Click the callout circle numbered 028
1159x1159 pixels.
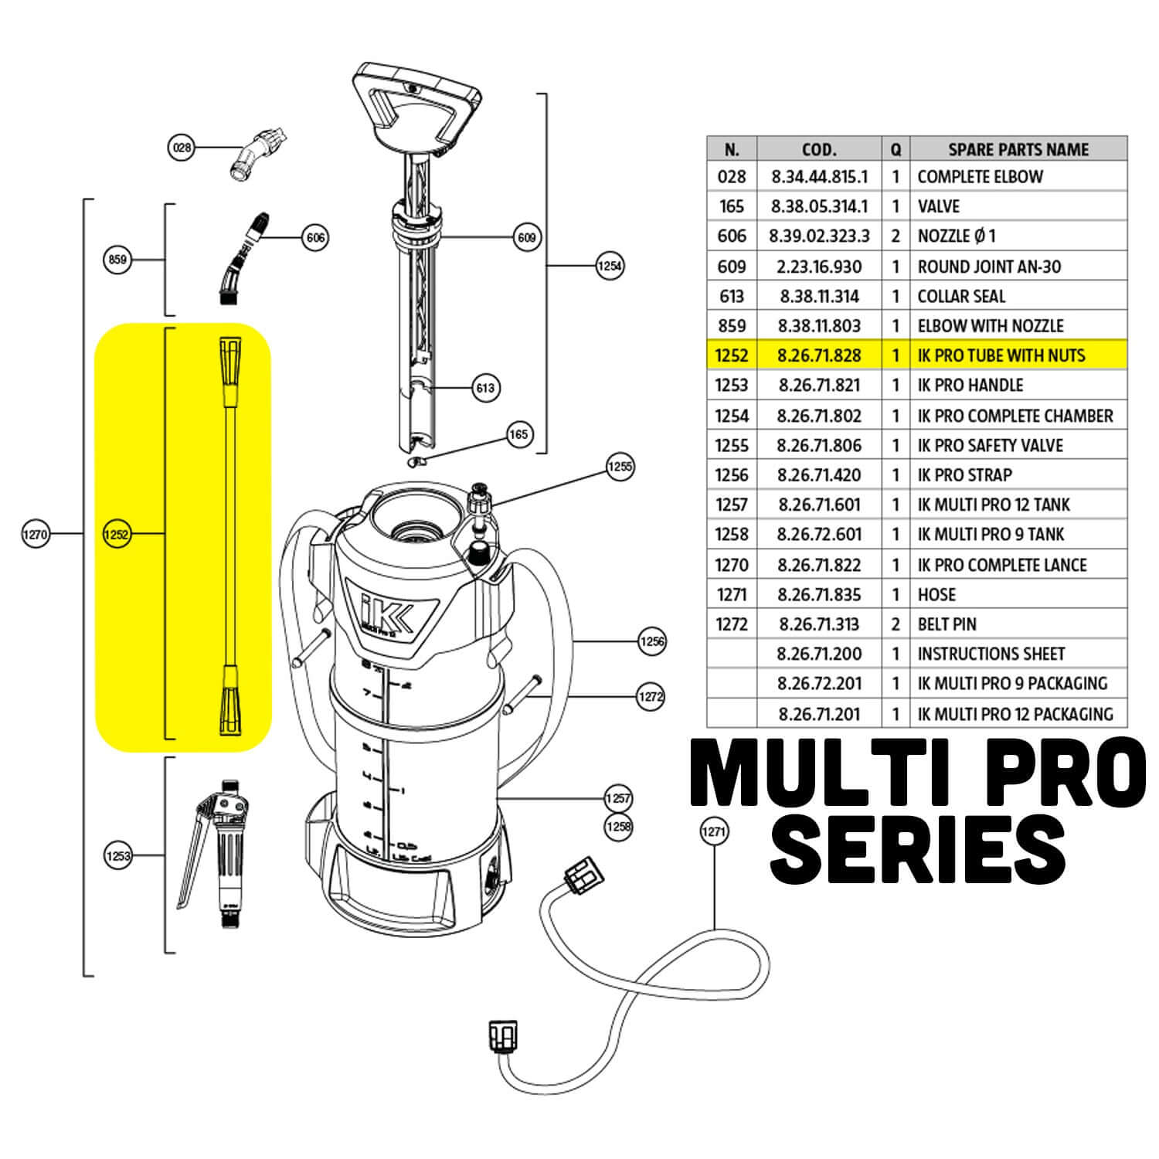pyautogui.click(x=182, y=147)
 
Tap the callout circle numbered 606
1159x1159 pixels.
pyautogui.click(x=315, y=237)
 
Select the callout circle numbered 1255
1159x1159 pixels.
pyautogui.click(x=620, y=467)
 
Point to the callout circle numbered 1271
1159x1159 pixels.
pyautogui.click(x=713, y=831)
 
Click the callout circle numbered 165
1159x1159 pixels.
pyautogui.click(x=519, y=434)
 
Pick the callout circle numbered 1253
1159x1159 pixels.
pyautogui.click(x=117, y=855)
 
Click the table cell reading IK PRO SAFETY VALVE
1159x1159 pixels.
pyautogui.click(x=990, y=446)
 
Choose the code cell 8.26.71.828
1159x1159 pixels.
pyautogui.click(x=819, y=356)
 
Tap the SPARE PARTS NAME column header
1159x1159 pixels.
pyautogui.click(x=1018, y=149)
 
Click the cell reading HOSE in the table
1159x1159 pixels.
pyautogui.click(x=936, y=595)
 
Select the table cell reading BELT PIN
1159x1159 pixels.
pyautogui.click(x=947, y=624)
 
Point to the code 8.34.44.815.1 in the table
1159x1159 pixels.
pyautogui.click(x=819, y=177)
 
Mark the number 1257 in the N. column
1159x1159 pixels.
pyautogui.click(x=731, y=505)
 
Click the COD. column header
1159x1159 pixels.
pyautogui.click(x=819, y=149)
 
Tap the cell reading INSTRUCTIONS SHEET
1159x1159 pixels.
pyautogui.click(x=991, y=654)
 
